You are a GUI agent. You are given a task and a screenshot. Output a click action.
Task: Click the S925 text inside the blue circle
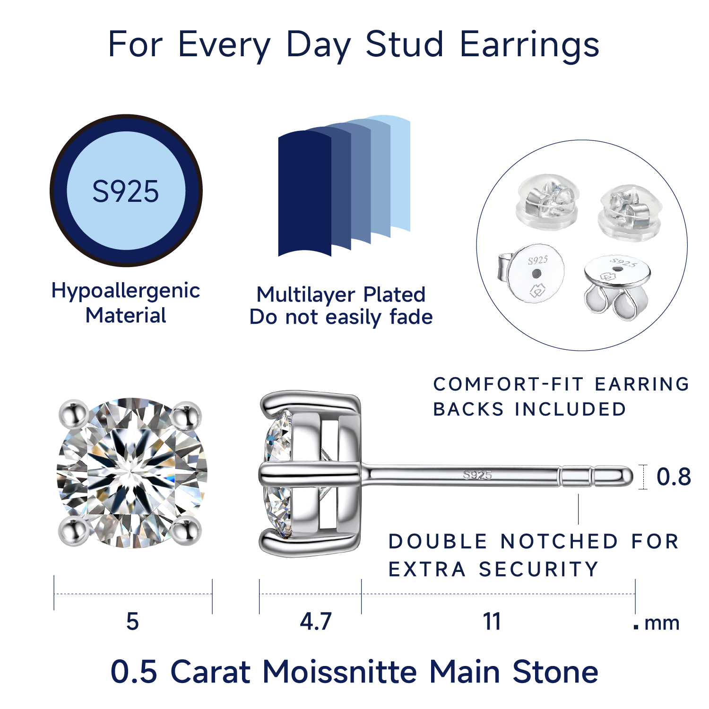pos(126,191)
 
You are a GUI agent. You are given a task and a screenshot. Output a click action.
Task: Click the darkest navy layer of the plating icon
pos(305,193)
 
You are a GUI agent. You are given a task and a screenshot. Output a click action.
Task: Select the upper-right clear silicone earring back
pos(630,212)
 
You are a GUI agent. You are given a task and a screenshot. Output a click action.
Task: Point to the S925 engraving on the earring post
pos(477,475)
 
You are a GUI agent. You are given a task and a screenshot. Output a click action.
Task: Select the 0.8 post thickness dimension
pos(674,476)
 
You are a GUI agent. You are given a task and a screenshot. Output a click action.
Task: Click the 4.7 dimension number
pos(316,621)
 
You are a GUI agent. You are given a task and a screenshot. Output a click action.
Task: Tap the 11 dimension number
pos(492,621)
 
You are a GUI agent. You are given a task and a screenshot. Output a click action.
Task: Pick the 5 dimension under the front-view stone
pos(132,621)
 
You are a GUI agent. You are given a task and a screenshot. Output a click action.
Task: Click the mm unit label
pos(662,623)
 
